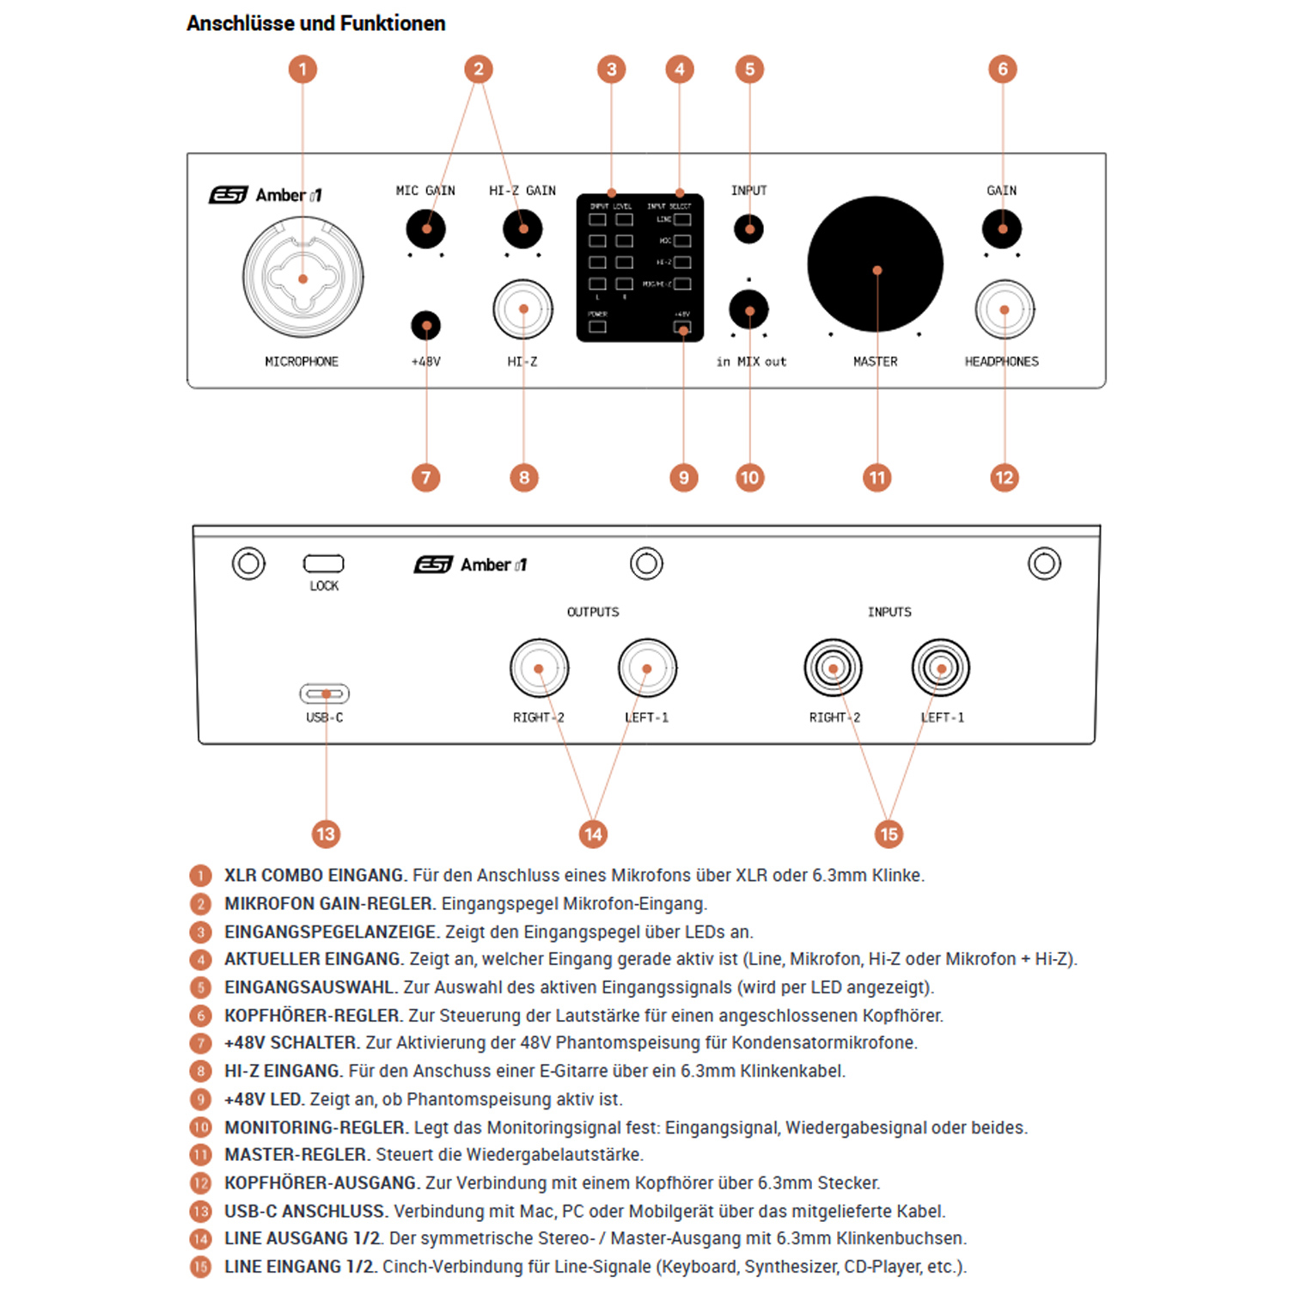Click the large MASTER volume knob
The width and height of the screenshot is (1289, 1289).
pyautogui.click(x=875, y=265)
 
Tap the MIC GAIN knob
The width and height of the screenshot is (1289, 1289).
pyautogui.click(x=426, y=229)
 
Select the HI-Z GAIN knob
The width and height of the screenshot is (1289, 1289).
pyautogui.click(x=522, y=229)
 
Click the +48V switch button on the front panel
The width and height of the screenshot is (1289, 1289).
pyautogui.click(x=426, y=325)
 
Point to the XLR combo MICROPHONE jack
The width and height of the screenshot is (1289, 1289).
pyautogui.click(x=302, y=278)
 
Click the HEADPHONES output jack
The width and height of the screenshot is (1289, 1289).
pyautogui.click(x=1004, y=309)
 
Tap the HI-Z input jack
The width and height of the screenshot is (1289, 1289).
pyautogui.click(x=522, y=309)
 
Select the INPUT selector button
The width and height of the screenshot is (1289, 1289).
pyautogui.click(x=749, y=229)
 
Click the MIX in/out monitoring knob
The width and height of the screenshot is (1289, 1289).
pyautogui.click(x=749, y=310)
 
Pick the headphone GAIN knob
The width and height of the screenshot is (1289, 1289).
pyautogui.click(x=1002, y=229)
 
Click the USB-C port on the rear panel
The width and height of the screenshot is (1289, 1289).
pyautogui.click(x=325, y=693)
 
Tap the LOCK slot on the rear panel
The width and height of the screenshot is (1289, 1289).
pyautogui.click(x=324, y=564)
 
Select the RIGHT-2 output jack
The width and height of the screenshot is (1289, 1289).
pyautogui.click(x=539, y=669)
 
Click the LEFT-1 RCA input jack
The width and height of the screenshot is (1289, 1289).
pyautogui.click(x=941, y=669)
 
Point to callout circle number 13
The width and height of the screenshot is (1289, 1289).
pyautogui.click(x=326, y=834)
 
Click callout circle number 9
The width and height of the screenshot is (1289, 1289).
pyautogui.click(x=684, y=478)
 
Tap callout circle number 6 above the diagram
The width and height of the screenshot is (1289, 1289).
pyautogui.click(x=1002, y=69)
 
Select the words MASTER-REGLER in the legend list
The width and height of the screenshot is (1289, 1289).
pyautogui.click(x=296, y=1154)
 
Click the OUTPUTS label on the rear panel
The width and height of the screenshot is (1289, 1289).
pyautogui.click(x=593, y=612)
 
